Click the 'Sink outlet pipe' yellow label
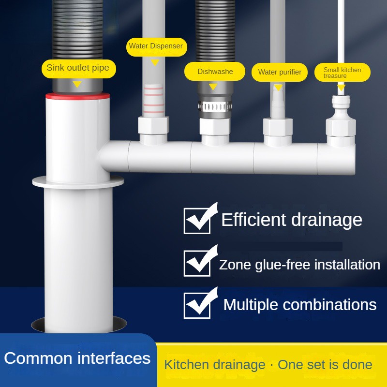(78, 68)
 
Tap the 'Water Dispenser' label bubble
(155, 46)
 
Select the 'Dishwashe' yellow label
(215, 72)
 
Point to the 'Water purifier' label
(280, 72)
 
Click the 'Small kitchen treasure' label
(342, 73)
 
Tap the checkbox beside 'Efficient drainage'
(197, 220)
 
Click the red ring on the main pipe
(77, 96)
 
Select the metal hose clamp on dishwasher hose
(214, 106)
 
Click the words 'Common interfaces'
(77, 358)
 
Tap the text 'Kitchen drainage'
(214, 365)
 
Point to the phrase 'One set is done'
(325, 365)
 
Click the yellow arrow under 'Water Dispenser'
(155, 62)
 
